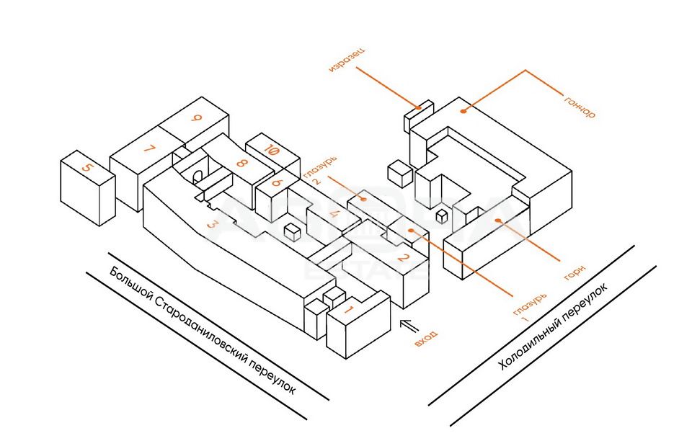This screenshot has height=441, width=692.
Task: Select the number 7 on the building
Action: coord(148,150)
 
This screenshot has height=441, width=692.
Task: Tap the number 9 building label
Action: coord(196,121)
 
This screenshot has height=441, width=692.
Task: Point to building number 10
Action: coord(272,151)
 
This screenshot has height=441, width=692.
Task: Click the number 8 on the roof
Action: coord(241,163)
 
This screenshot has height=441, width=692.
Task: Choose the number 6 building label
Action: coord(276,183)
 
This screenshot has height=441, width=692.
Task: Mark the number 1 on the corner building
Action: coord(349,311)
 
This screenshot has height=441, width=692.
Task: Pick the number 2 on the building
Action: coord(404,260)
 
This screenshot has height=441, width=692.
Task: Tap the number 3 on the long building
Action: coord(212,225)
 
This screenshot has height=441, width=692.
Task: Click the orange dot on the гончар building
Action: coord(465,110)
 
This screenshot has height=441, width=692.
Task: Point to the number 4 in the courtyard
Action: coord(333,214)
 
